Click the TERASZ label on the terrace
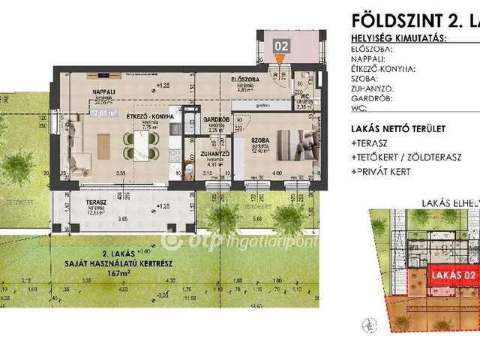coord(77,203)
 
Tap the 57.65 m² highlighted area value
coord(103,114)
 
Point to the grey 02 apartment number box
coord(281,46)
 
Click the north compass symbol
coord(367,325)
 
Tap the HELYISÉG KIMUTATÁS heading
coord(398,37)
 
